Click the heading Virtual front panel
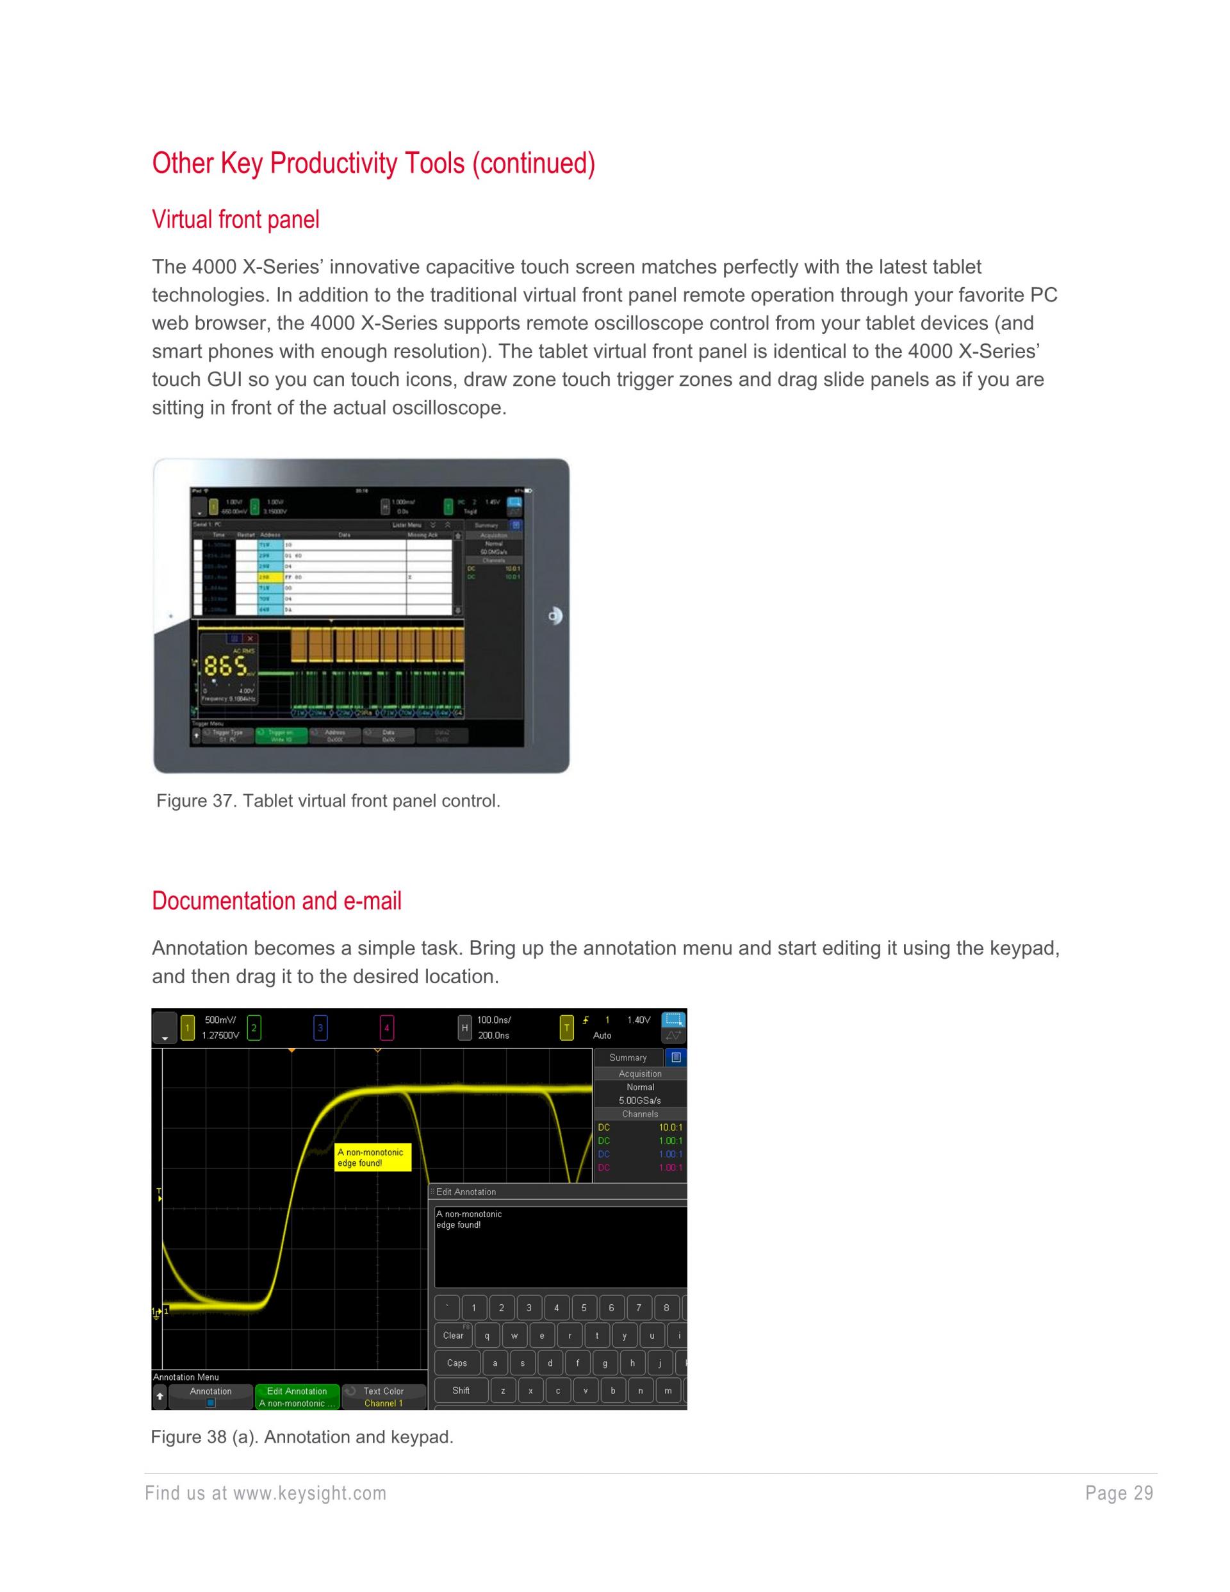click(235, 219)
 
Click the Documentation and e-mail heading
click(276, 901)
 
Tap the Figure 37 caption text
click(328, 801)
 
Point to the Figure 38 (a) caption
click(302, 1437)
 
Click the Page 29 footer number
click(1119, 1493)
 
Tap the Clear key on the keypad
click(453, 1336)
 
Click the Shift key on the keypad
click(461, 1390)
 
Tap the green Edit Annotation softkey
click(297, 1397)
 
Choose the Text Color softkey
click(383, 1397)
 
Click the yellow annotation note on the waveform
click(372, 1157)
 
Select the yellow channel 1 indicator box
click(187, 1029)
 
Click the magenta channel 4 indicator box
click(387, 1029)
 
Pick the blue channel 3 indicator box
click(320, 1029)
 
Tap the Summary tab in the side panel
click(628, 1057)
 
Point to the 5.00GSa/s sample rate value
click(640, 1100)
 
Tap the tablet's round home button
click(555, 616)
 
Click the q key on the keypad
click(487, 1336)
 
